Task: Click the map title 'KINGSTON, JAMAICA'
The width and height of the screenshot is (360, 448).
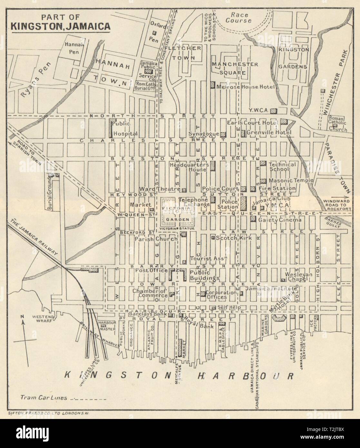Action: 60,25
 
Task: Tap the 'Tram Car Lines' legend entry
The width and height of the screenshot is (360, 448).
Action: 44,397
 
